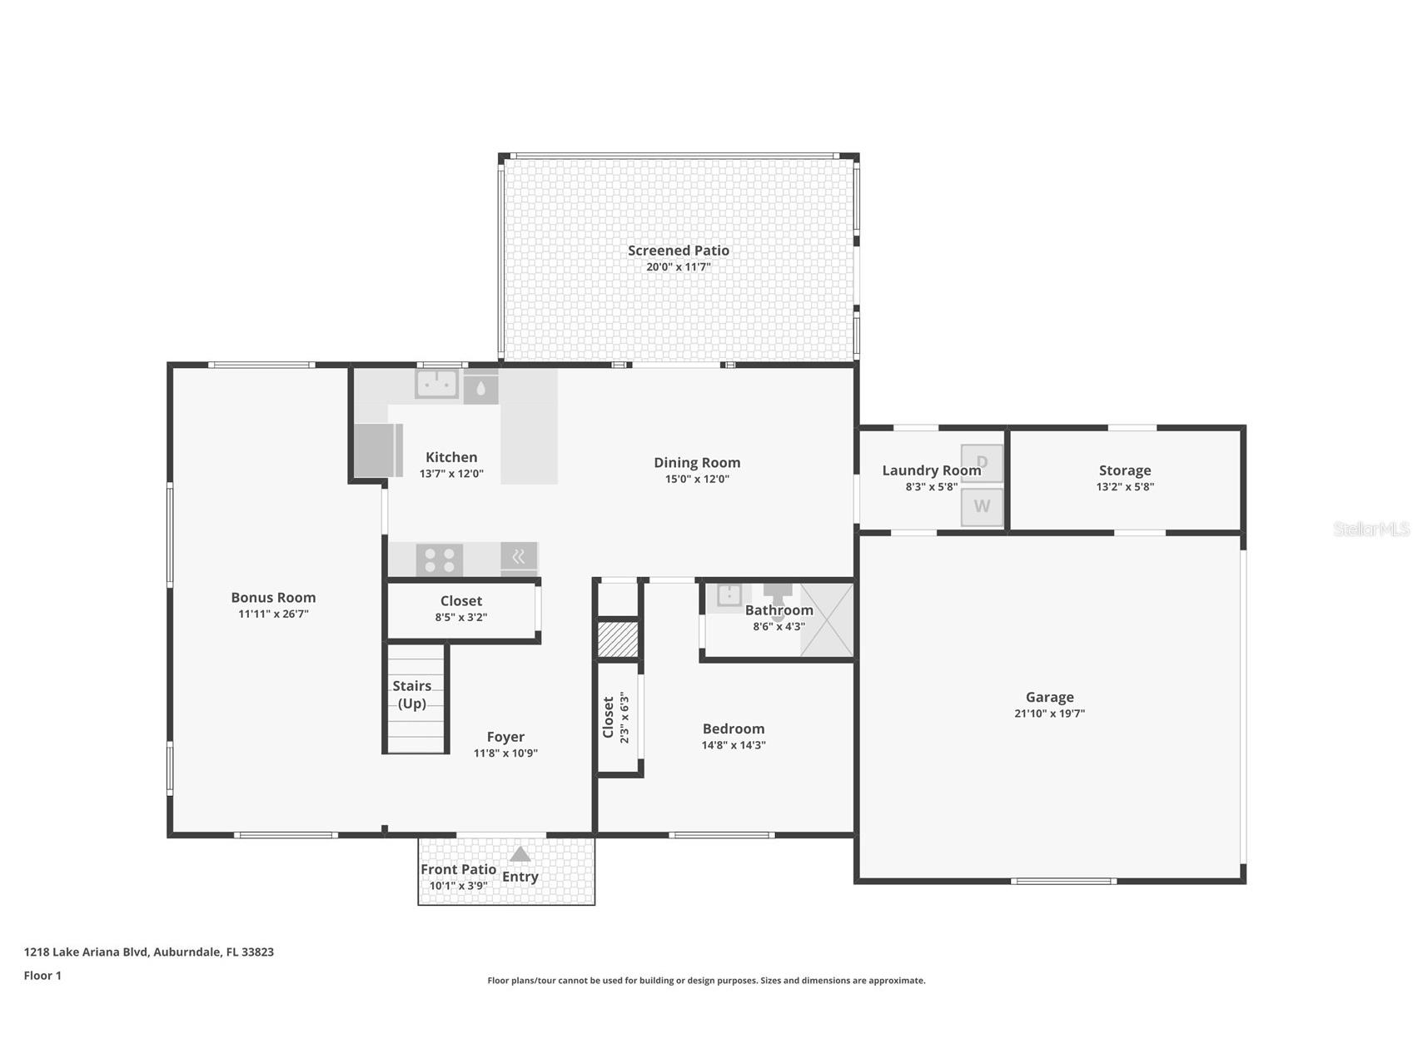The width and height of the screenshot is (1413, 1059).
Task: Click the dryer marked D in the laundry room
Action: (982, 463)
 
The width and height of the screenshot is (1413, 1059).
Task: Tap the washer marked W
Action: (982, 507)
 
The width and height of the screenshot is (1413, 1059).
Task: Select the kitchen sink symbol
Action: (437, 384)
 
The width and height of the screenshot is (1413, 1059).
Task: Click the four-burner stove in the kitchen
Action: (440, 559)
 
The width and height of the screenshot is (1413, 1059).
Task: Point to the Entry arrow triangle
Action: (520, 854)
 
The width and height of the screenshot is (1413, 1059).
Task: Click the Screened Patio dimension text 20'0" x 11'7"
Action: (678, 267)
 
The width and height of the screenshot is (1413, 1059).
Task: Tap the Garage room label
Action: (1049, 697)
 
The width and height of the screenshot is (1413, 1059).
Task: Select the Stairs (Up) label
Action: (412, 694)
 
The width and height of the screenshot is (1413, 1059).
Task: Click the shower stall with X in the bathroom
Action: (827, 620)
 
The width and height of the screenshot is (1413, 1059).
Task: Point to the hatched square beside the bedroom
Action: (618, 639)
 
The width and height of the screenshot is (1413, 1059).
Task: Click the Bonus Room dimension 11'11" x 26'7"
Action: (273, 614)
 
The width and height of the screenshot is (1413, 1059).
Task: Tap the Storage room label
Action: (1124, 470)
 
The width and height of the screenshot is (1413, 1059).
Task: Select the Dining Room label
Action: (697, 463)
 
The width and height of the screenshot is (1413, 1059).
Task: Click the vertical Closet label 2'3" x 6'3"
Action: (615, 718)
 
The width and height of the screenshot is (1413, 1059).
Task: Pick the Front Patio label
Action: (458, 869)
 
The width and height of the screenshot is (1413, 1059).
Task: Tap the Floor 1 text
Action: (42, 976)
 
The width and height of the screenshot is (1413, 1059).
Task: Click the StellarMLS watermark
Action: (1371, 529)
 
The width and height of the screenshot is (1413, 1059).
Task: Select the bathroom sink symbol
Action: (729, 595)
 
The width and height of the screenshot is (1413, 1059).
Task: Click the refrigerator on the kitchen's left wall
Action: (378, 450)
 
